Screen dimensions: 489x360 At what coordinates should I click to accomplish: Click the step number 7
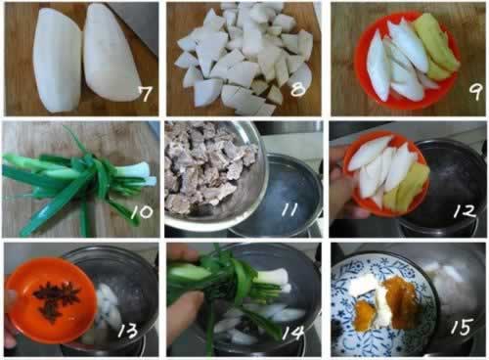[x=145, y=94]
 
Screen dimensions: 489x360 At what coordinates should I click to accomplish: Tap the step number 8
[x=298, y=88]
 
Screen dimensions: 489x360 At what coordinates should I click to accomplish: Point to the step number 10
[x=142, y=212]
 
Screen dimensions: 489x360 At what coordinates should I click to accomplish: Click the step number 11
[x=289, y=209]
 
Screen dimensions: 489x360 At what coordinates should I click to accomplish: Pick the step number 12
[x=466, y=210]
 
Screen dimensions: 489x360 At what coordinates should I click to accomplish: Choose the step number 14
[x=293, y=333]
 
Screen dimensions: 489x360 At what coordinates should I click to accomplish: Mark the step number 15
[x=462, y=327]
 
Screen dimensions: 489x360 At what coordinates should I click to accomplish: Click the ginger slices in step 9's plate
[x=437, y=47]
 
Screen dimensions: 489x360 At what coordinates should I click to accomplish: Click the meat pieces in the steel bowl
[x=208, y=166]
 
